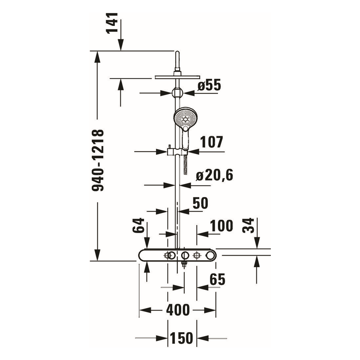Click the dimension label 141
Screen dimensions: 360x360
112,22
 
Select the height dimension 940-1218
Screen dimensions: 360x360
98,160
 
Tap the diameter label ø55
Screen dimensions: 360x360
209,86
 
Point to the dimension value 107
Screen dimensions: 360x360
211,142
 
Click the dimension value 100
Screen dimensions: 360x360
222,226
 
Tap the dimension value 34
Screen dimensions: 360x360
248,225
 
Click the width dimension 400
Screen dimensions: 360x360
178,310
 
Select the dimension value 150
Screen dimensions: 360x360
182,338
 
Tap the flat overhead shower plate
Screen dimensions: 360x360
177,77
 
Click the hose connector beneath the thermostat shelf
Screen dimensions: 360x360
184,264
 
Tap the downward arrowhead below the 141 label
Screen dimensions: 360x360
121,45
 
